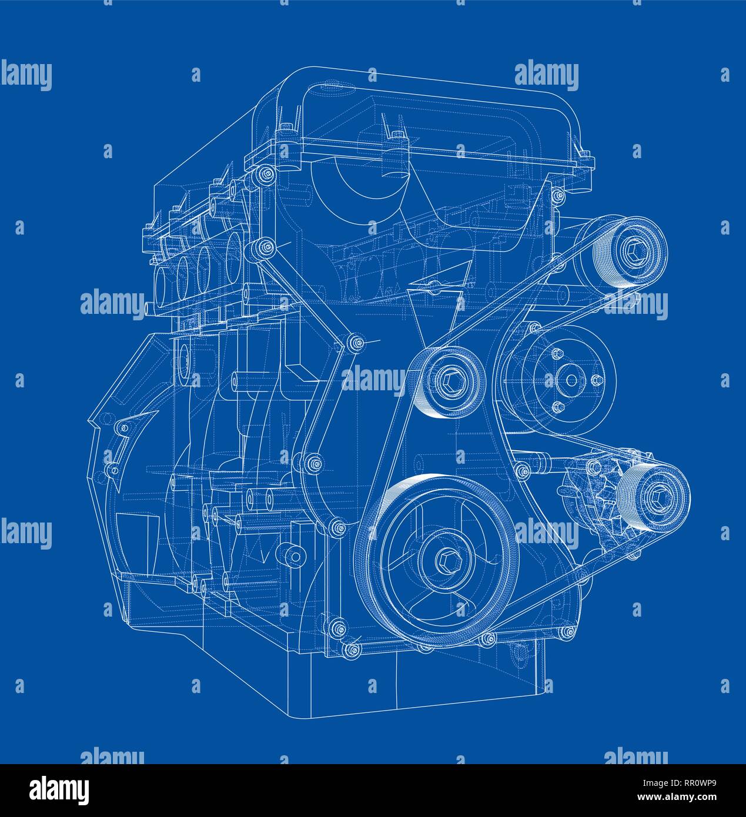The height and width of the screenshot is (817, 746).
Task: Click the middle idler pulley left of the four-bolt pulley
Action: (x=447, y=382)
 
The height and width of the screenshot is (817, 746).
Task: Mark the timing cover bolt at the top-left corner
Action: (x=265, y=174)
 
